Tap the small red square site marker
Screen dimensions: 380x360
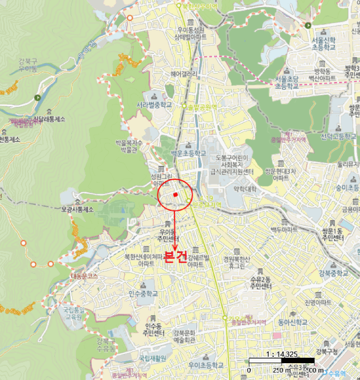tap(175, 194)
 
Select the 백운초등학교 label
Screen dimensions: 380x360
tap(188, 154)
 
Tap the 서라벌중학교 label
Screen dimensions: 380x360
tap(154, 105)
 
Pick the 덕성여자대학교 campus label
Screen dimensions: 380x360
tap(243, 189)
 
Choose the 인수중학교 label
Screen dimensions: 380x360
tap(143, 293)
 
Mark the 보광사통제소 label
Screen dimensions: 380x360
tap(77, 209)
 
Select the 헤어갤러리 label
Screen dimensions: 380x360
tap(183, 74)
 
